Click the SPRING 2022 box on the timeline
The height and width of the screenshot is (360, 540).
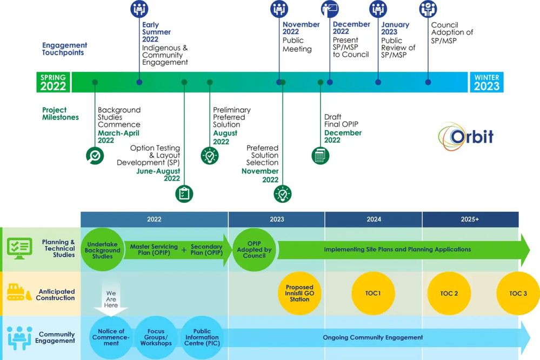pyautogui.click(x=53, y=82)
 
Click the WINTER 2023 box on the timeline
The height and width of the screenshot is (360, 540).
pyautogui.click(x=486, y=82)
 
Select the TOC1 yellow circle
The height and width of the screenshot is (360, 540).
pyautogui.click(x=373, y=294)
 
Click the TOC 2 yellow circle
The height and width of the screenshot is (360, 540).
pyautogui.click(x=449, y=294)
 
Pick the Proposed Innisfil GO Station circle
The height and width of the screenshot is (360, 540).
pyautogui.click(x=299, y=294)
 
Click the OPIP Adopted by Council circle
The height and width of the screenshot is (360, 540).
pyautogui.click(x=254, y=250)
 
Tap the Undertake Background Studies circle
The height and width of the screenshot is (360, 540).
pyautogui.click(x=102, y=250)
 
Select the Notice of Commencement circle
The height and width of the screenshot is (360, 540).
pyautogui.click(x=111, y=337)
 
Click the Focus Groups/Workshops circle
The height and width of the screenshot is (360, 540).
pyautogui.click(x=156, y=337)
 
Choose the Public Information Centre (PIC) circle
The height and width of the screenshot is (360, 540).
pyautogui.click(x=202, y=337)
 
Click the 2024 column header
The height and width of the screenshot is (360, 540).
pyautogui.click(x=374, y=219)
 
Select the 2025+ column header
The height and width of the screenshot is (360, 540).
pyautogui.click(x=470, y=219)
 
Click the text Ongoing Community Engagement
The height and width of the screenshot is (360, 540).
pyautogui.click(x=373, y=337)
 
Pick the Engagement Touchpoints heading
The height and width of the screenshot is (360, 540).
pyautogui.click(x=64, y=49)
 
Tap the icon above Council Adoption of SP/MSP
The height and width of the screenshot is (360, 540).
pyautogui.click(x=428, y=9)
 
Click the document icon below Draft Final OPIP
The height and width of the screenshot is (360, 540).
pyautogui.click(x=321, y=156)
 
